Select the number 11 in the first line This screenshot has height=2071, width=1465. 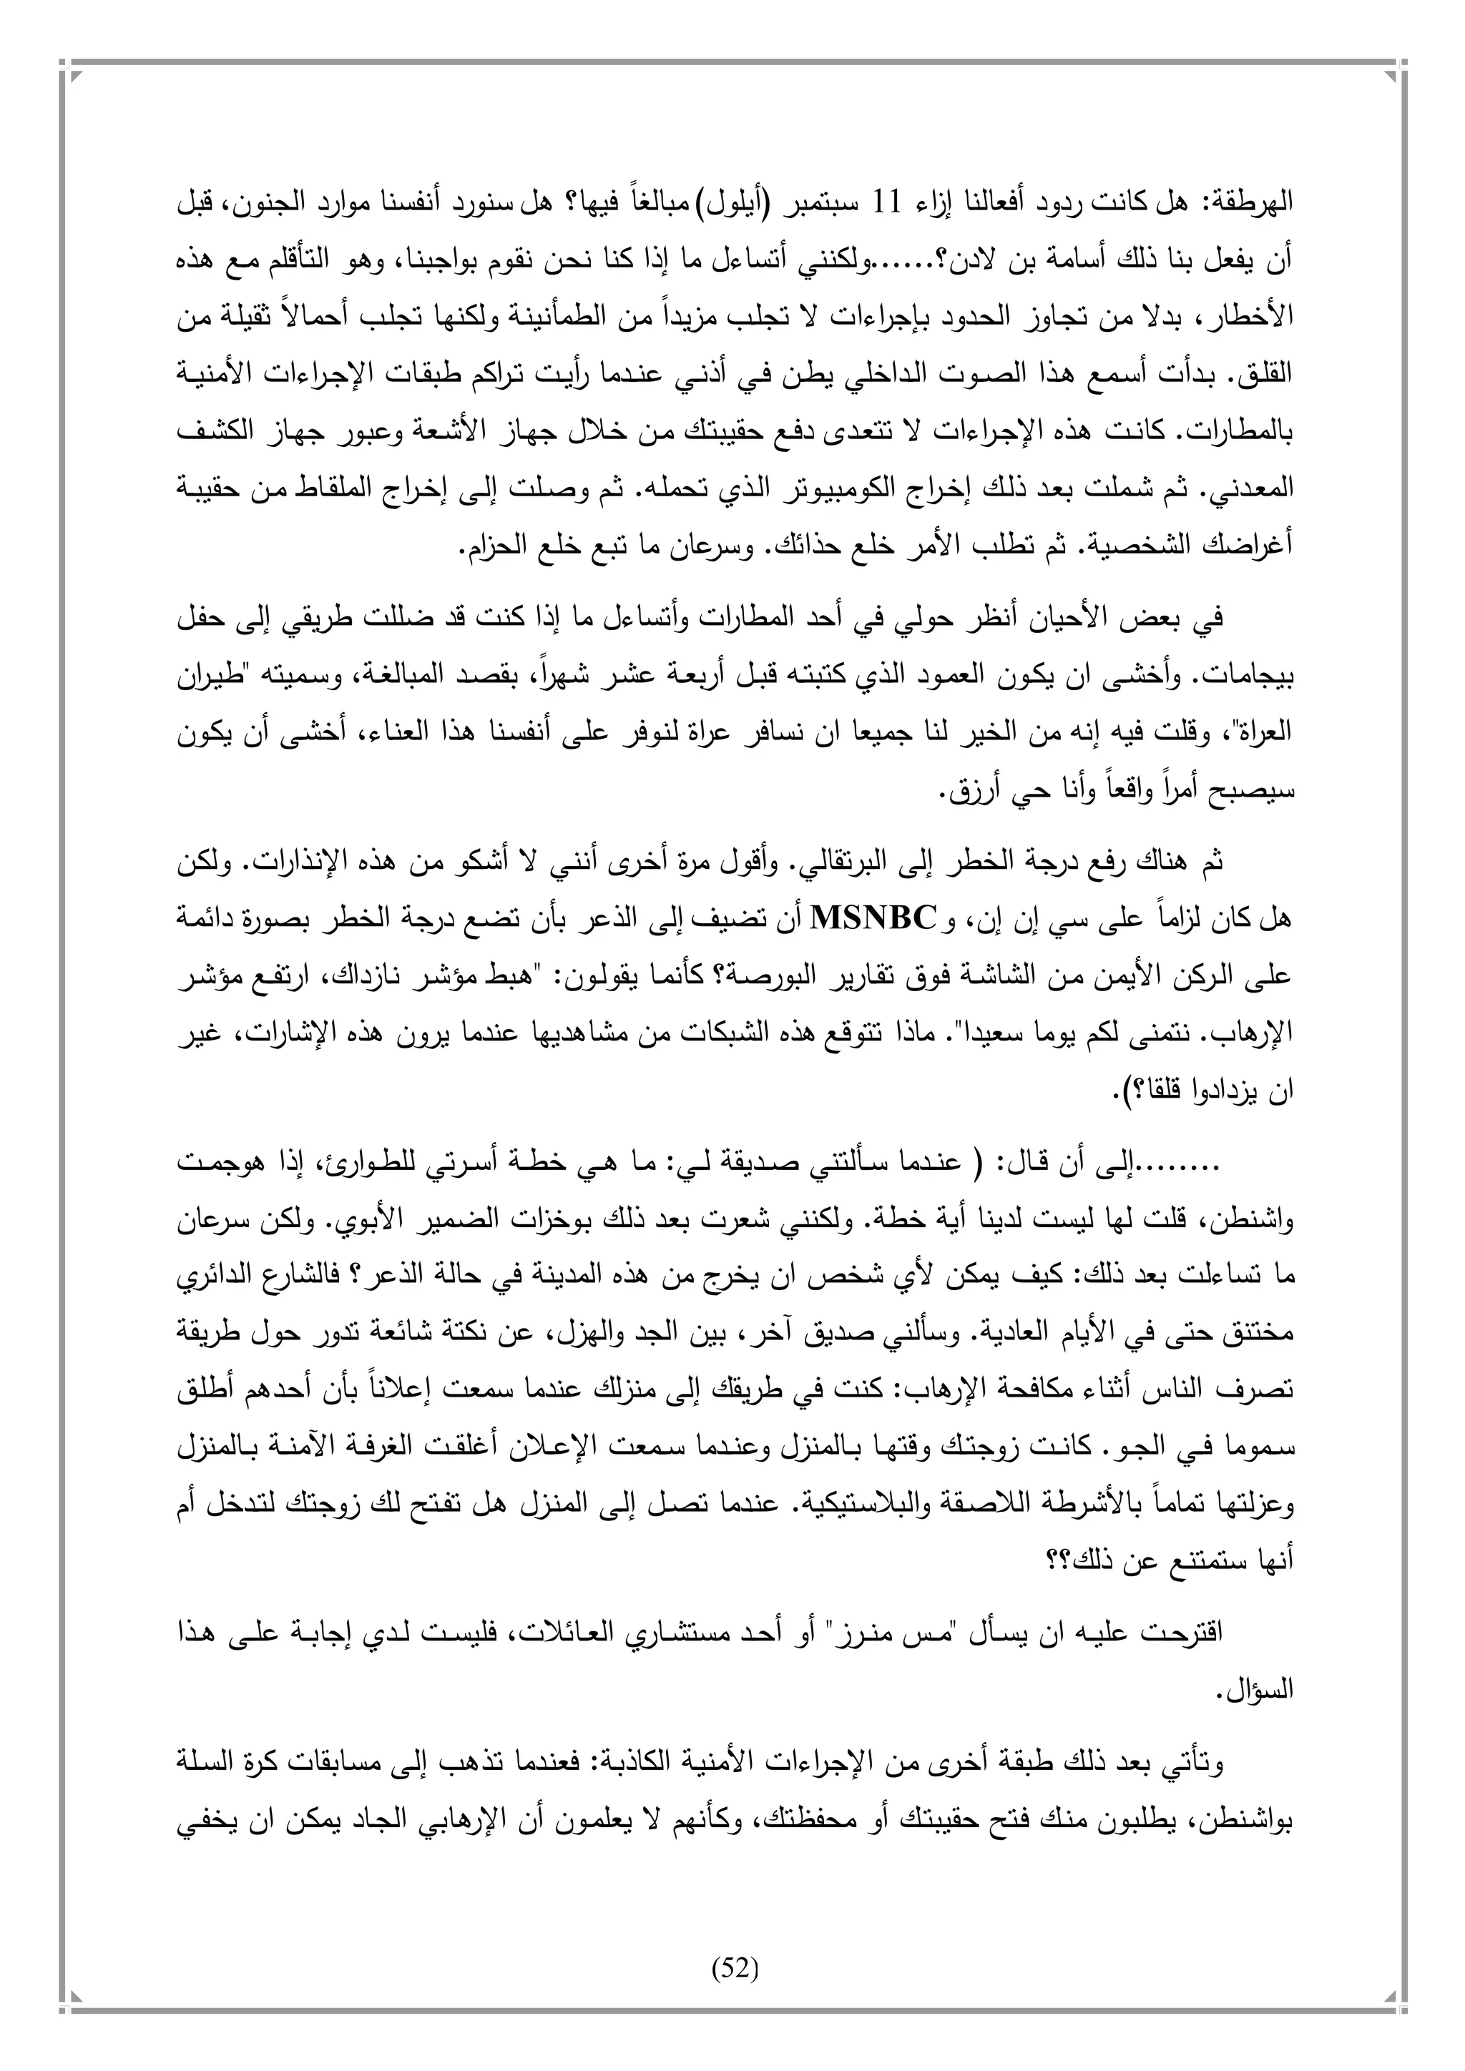(x=891, y=203)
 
